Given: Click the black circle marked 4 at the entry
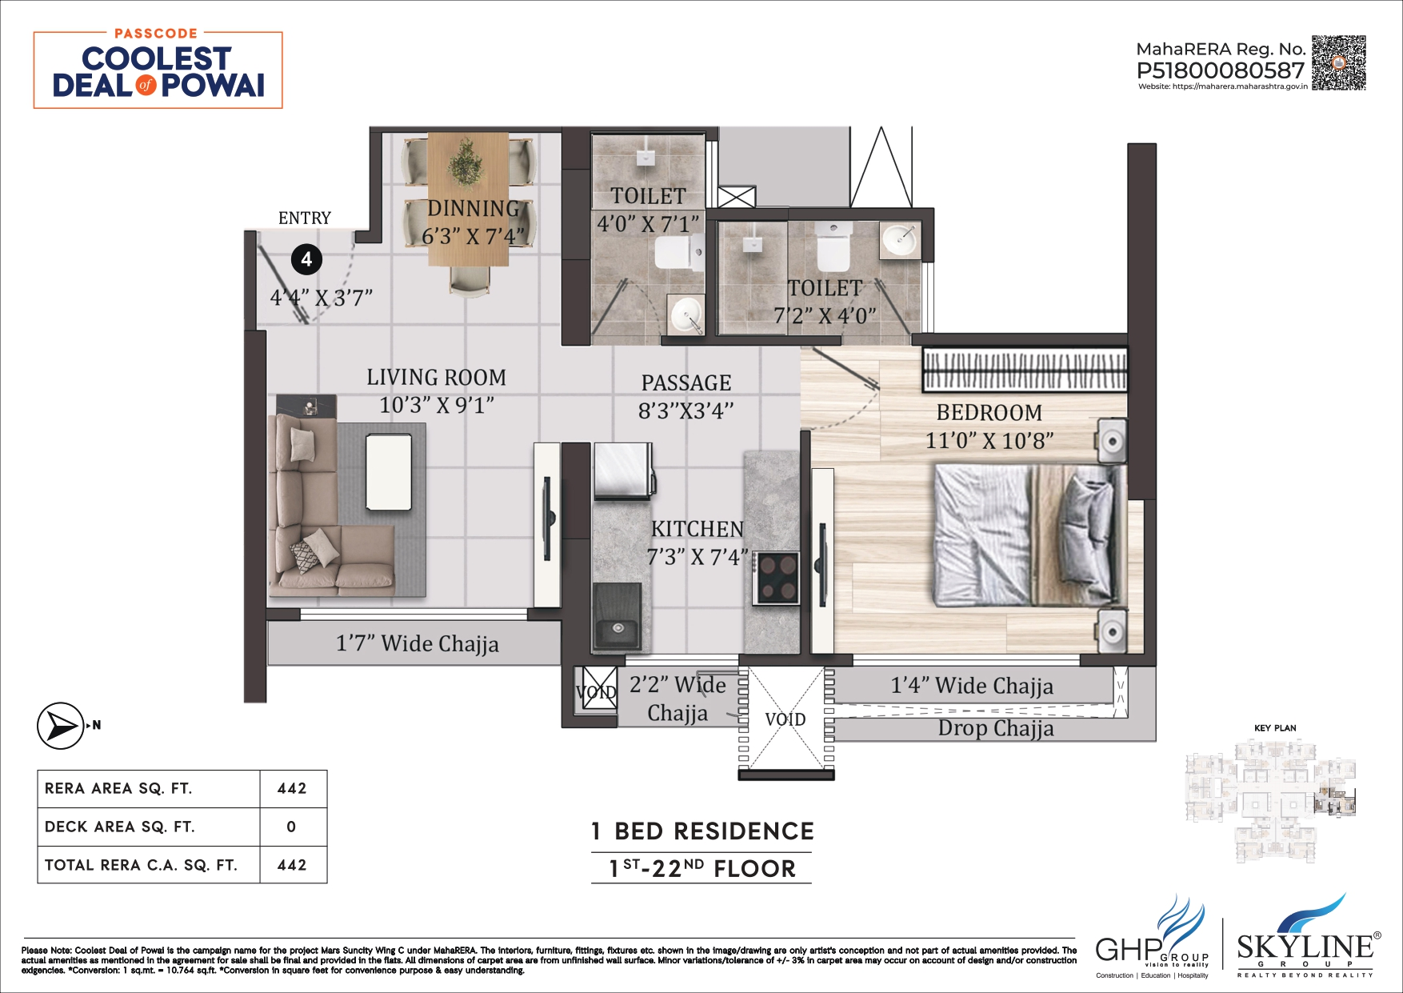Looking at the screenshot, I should (x=306, y=259).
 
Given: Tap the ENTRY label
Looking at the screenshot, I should (x=304, y=218).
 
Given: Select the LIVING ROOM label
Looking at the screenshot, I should (x=436, y=377).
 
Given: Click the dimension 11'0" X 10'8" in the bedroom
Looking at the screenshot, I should (x=989, y=440).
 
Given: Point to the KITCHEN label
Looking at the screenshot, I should (x=697, y=529).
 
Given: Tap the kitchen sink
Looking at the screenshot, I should (x=617, y=630).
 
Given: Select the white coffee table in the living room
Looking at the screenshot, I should (x=389, y=471).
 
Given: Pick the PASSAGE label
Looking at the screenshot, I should (x=686, y=382).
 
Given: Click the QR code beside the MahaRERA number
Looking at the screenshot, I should (x=1338, y=62).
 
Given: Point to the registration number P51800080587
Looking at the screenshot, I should (x=1220, y=70).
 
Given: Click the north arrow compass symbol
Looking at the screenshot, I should (x=60, y=726).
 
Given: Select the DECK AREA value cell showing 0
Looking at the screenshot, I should (x=292, y=827).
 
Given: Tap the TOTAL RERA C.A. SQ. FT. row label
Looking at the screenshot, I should (x=141, y=865).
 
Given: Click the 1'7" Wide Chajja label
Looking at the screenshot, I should (x=417, y=643).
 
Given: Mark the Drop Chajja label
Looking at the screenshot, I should (x=996, y=728).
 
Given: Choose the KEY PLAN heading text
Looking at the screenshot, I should (x=1275, y=728).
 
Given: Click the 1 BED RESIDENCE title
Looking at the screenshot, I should (x=701, y=831).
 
